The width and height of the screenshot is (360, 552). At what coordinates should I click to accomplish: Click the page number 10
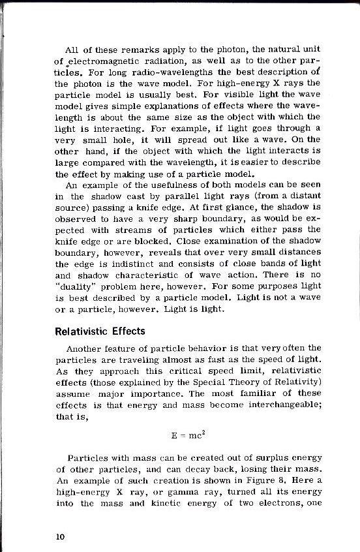coord(60,536)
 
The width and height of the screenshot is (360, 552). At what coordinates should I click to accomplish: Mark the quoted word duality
coord(78,287)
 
